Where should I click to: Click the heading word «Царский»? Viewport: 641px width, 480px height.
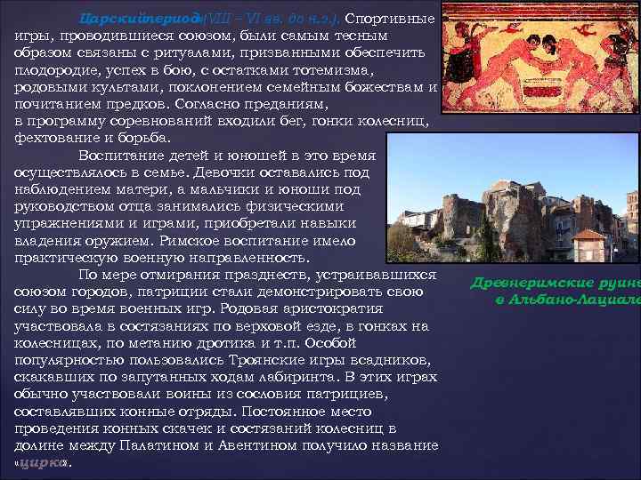click(x=110, y=18)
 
